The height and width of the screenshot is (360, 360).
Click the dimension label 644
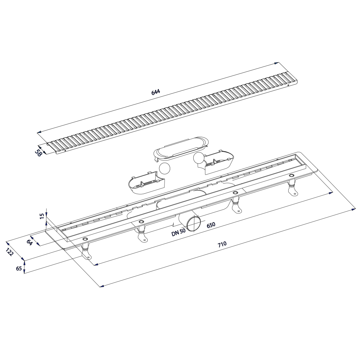(155, 92)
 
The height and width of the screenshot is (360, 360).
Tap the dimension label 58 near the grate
(38, 153)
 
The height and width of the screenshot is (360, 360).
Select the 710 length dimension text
(222, 244)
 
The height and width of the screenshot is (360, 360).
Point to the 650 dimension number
(211, 225)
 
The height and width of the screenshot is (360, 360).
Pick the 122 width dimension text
(9, 252)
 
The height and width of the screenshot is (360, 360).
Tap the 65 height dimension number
(19, 268)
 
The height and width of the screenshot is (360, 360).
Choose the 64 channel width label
(29, 242)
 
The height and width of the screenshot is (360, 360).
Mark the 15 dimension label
(42, 216)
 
